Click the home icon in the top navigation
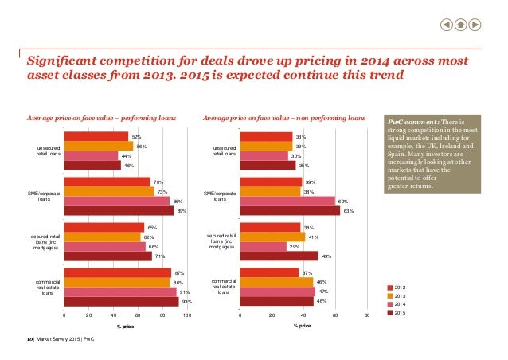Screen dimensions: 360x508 pos(461,24)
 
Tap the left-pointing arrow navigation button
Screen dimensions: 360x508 pos(447,24)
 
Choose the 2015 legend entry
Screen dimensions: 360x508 pos(400,313)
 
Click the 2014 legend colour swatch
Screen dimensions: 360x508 pos(390,304)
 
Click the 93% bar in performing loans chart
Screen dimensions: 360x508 pos(121,302)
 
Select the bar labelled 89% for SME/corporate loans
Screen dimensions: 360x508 pos(119,211)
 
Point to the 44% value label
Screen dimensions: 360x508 pos(126,155)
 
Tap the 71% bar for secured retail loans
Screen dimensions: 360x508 pos(107,256)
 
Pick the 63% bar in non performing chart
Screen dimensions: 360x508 pos(290,211)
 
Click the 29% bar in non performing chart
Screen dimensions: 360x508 pos(263,247)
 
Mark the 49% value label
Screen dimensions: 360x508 pos(326,256)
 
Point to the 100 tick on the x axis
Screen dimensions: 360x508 pos(187,316)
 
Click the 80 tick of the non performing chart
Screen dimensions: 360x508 pos(368,316)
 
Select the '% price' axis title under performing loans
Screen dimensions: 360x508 pos(125,326)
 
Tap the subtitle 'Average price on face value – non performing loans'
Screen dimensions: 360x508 pos(284,119)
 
